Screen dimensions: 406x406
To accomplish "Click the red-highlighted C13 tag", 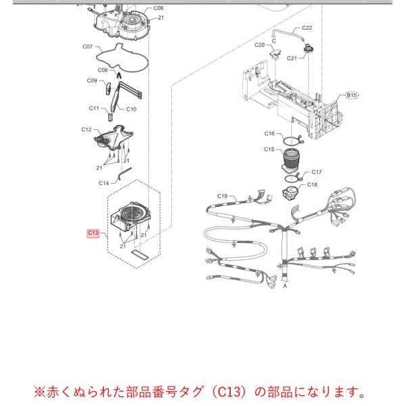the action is [x=93, y=233].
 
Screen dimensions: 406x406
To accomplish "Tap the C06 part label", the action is [x=158, y=8].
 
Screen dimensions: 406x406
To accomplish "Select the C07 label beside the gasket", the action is [x=87, y=47].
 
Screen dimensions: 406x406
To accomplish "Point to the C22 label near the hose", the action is [x=307, y=28].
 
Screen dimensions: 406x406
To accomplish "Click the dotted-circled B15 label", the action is [x=352, y=95].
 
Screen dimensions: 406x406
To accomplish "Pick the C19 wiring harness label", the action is [x=222, y=196].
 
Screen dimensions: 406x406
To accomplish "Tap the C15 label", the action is [x=269, y=150].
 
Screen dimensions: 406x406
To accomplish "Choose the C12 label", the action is [x=86, y=129].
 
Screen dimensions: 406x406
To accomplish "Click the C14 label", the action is [x=104, y=183].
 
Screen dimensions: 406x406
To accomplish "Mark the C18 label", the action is [x=312, y=185].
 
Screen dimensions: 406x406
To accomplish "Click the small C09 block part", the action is [x=108, y=88].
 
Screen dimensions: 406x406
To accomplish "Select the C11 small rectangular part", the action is [x=110, y=117].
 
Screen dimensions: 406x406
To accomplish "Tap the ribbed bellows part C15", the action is [x=290, y=161].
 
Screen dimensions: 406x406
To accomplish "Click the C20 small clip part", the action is [x=275, y=54].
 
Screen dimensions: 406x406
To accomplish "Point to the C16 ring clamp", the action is [x=292, y=140].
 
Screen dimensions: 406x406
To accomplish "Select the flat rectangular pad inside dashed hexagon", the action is [x=140, y=254].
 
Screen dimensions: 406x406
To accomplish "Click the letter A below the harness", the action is [x=285, y=286].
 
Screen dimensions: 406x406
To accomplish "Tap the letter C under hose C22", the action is [x=273, y=41].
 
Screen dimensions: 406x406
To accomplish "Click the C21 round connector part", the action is [x=309, y=49].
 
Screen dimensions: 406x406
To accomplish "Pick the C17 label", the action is [x=317, y=172].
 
